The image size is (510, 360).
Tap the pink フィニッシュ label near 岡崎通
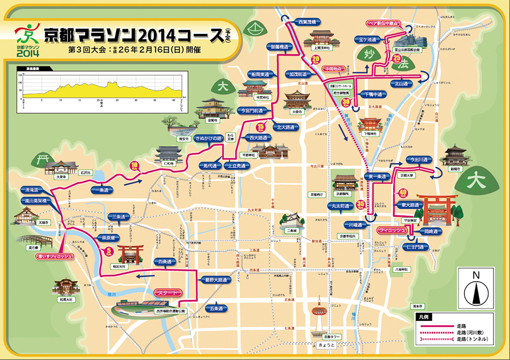click(x=393, y=230)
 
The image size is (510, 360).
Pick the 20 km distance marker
click(x=315, y=59)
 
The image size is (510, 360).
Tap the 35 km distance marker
click(x=361, y=204)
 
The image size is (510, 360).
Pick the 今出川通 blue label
click(x=419, y=159)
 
